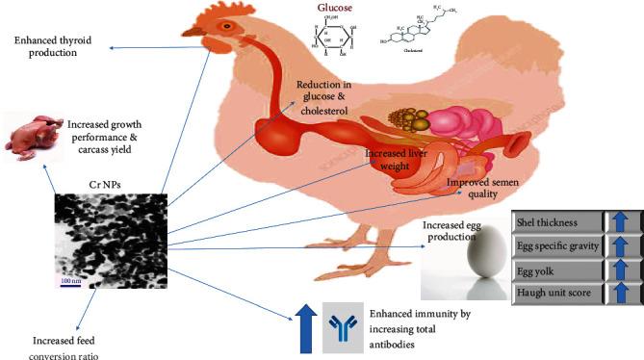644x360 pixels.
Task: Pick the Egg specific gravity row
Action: (554, 244)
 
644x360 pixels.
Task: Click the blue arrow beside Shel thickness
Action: (620, 221)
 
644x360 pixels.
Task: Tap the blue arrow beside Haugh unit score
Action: (620, 291)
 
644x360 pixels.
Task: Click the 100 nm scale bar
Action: (70, 285)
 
